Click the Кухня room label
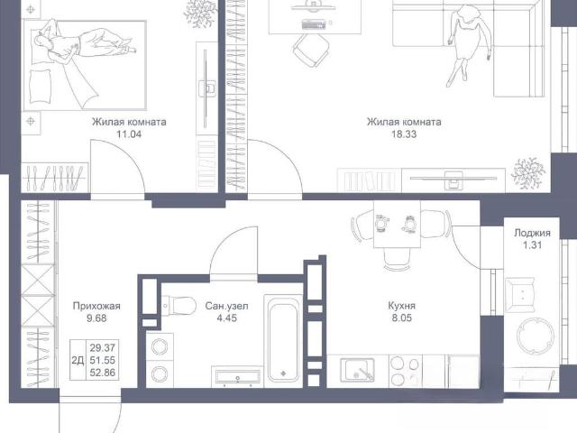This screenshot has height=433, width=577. coord(401,306)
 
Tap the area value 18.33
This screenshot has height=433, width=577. coord(404,134)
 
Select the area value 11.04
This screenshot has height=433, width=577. coord(129,134)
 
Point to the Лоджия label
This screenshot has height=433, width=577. coord(532,233)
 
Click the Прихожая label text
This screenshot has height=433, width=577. coord(96,306)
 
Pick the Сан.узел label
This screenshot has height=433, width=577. coord(226,306)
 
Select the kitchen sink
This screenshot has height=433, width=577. coord(357,370)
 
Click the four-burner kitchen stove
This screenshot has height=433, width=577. coord(405,371)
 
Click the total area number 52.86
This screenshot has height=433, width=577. coord(103,373)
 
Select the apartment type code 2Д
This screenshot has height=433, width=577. coord(78,360)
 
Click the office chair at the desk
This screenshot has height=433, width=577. coord(311,51)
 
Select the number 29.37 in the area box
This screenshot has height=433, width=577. coord(103,347)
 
